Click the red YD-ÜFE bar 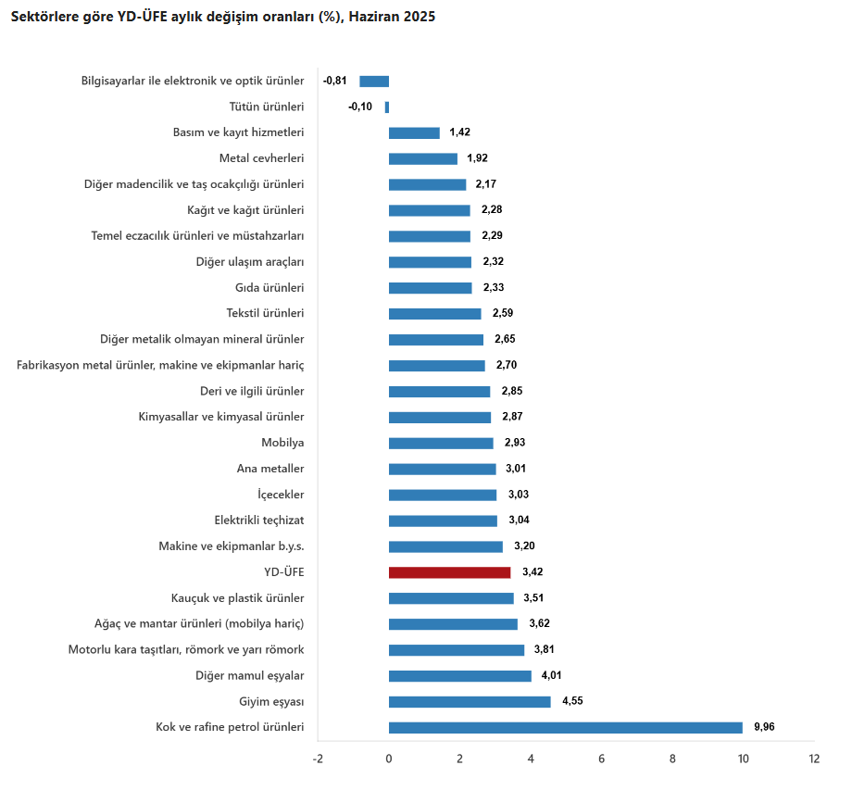(x=449, y=572)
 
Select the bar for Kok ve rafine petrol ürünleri (x=565, y=727)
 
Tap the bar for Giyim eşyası (x=470, y=702)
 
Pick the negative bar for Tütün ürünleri (x=387, y=107)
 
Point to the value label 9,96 (x=764, y=727)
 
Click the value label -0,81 (x=335, y=81)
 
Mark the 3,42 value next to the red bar (x=532, y=572)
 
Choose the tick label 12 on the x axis (x=814, y=759)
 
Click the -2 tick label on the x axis (x=318, y=759)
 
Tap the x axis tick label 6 (x=601, y=759)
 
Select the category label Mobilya (x=282, y=443)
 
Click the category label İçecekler (x=281, y=495)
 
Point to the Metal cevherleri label (x=262, y=158)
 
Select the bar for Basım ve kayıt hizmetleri (x=414, y=132)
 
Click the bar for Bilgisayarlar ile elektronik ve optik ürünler (x=374, y=81)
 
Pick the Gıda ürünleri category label (x=269, y=288)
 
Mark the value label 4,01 (x=552, y=676)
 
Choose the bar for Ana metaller (x=442, y=469)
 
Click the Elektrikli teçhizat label (x=259, y=521)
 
